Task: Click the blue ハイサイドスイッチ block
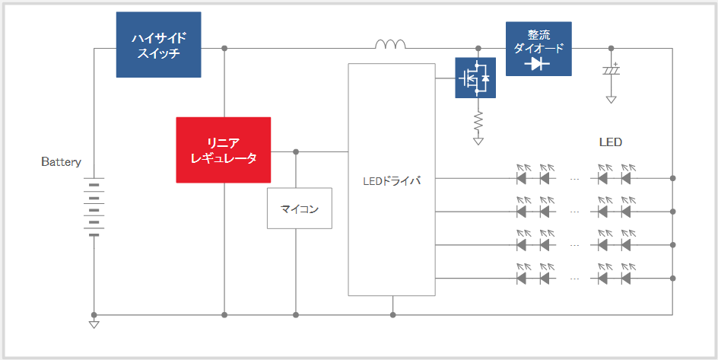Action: pyautogui.click(x=158, y=44)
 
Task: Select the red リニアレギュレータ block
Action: pyautogui.click(x=224, y=150)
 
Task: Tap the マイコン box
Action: pyautogui.click(x=300, y=209)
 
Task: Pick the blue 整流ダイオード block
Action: pyautogui.click(x=538, y=49)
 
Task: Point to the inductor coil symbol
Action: pyautogui.click(x=390, y=44)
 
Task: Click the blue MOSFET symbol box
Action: pyautogui.click(x=475, y=78)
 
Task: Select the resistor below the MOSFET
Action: pyautogui.click(x=478, y=121)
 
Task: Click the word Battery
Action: pyautogui.click(x=61, y=162)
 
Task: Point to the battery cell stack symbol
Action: pyautogui.click(x=94, y=207)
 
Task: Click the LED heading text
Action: pyautogui.click(x=611, y=142)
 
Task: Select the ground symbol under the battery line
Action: pyautogui.click(x=94, y=324)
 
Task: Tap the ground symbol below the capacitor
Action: pyautogui.click(x=611, y=100)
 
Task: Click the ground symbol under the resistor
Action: pyautogui.click(x=478, y=141)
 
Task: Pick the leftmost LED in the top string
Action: pyautogui.click(x=521, y=174)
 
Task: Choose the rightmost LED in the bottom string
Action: pyautogui.click(x=626, y=275)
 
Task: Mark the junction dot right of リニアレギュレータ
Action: pyautogui.click(x=296, y=151)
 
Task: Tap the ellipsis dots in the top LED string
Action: pyautogui.click(x=575, y=179)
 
